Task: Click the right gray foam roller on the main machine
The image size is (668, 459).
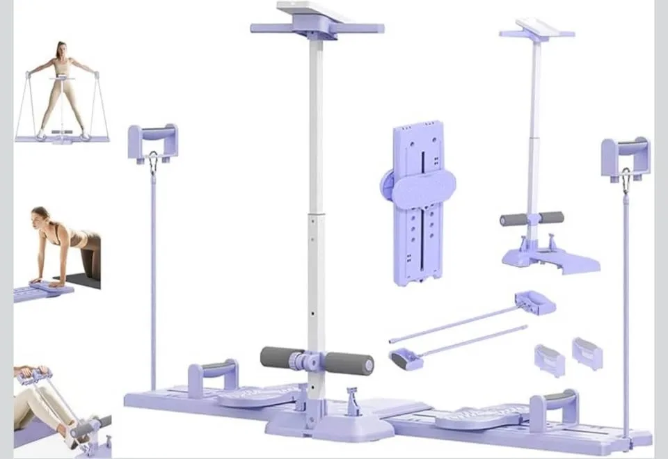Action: [349, 363]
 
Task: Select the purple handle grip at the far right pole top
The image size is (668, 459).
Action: [626, 150]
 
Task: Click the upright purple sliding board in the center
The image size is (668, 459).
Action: [418, 229]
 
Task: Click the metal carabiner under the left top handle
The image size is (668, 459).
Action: [152, 164]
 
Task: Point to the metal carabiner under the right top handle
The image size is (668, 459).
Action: [626, 181]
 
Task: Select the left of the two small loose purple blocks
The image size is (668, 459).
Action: [550, 360]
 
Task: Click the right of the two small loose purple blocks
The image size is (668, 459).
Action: [587, 352]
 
